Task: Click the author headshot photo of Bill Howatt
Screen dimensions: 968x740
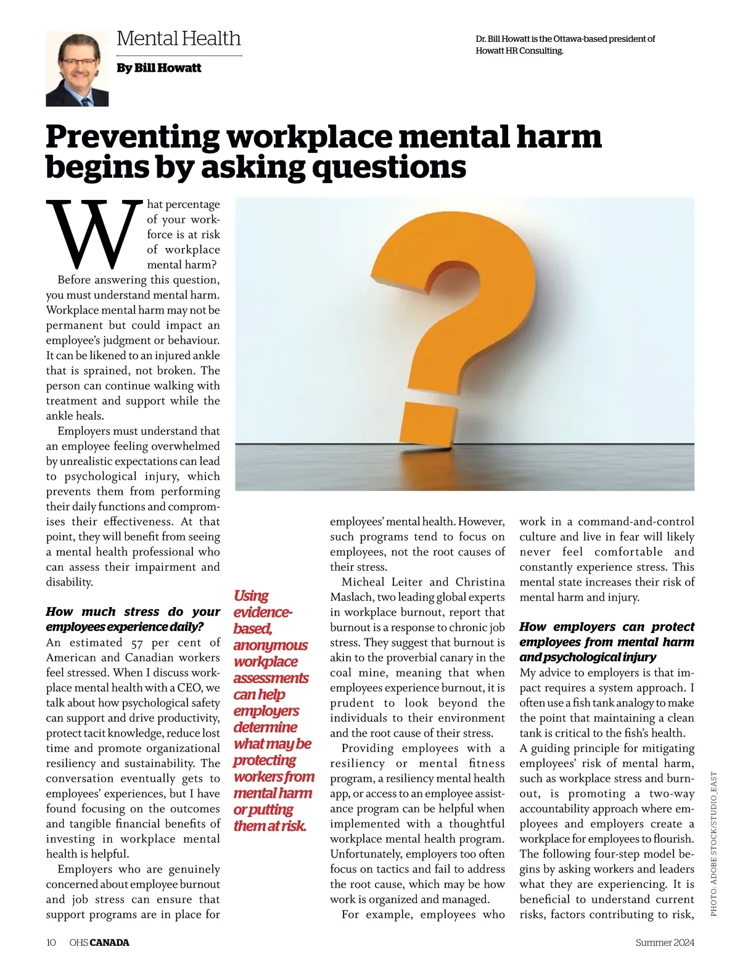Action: (77, 69)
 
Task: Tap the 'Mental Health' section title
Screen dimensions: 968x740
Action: (178, 38)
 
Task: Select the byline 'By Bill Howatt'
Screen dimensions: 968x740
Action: (158, 68)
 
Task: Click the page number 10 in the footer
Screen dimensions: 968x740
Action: (51, 942)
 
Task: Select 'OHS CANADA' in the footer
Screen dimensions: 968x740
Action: (99, 942)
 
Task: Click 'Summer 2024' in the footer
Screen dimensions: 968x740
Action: (665, 942)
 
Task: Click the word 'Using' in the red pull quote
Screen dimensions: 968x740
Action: (251, 596)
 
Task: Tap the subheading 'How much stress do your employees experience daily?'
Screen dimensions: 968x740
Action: (133, 619)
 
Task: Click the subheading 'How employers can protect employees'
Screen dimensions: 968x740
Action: (607, 642)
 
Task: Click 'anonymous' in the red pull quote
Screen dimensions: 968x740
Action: (270, 645)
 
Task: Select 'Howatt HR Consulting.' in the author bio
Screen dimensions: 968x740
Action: (519, 51)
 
